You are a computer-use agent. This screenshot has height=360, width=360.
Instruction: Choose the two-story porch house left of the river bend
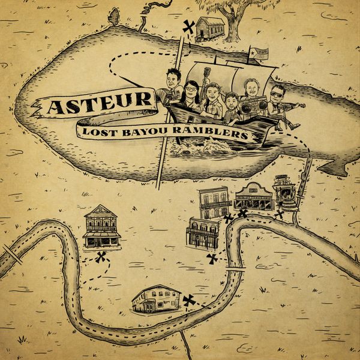tap(101, 227)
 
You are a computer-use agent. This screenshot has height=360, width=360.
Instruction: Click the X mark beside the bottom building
tap(190, 300)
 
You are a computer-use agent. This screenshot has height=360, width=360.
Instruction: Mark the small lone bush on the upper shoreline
tap(114, 16)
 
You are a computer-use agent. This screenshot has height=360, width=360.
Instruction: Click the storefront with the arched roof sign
tap(253, 196)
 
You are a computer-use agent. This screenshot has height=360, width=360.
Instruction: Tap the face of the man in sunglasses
tap(277, 95)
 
